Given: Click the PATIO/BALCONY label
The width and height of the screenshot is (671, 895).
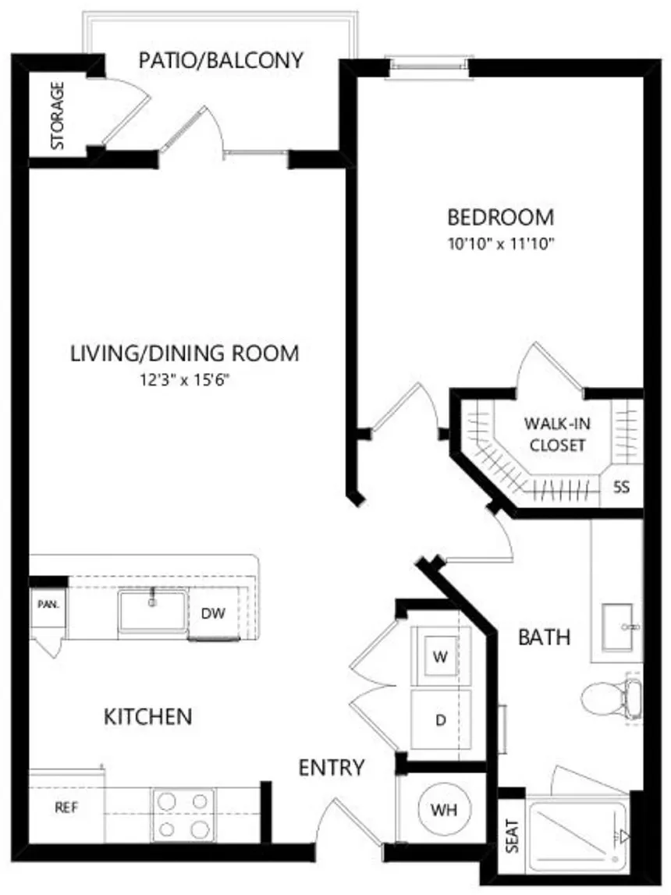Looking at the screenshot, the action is (x=221, y=60).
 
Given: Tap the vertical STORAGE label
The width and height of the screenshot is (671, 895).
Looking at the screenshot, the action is (x=58, y=115).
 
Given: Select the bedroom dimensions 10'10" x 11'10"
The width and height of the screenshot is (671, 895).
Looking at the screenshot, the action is (x=501, y=244).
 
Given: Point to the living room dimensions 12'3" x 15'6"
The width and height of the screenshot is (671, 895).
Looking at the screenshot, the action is (x=184, y=379).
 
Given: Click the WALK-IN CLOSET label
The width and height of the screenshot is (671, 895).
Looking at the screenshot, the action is (x=557, y=435).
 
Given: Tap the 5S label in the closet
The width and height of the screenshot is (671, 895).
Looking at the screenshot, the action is (x=621, y=487).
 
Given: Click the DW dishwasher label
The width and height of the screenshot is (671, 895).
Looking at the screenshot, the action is (x=214, y=613).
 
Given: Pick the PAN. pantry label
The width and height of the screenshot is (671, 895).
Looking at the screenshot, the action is (x=48, y=604).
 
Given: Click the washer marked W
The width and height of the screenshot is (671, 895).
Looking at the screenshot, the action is (x=441, y=656).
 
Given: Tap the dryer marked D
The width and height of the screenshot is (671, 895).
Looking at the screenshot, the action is (x=441, y=719).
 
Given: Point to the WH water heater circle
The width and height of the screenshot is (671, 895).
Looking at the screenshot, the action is (x=444, y=809).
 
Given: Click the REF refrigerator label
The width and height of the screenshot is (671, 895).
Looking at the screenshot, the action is (x=66, y=807).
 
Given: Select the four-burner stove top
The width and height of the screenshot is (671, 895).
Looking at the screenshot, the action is (x=183, y=815).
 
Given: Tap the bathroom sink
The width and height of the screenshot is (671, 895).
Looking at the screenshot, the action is (x=619, y=627).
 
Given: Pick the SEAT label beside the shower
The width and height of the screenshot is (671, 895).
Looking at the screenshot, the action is (x=513, y=836).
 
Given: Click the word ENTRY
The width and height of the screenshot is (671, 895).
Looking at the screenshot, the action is (x=332, y=768).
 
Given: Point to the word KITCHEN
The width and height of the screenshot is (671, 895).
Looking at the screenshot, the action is (x=147, y=717).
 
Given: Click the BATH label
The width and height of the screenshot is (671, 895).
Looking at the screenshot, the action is (x=545, y=637).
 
